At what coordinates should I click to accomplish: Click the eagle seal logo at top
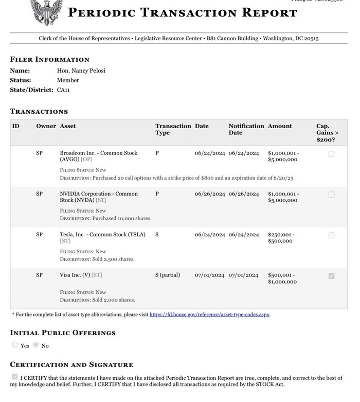[x=46, y=11]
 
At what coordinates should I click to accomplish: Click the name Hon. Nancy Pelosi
[x=81, y=71]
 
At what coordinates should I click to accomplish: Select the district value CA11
[x=63, y=90]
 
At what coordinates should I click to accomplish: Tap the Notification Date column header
[x=246, y=129]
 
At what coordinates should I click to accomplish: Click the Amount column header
[x=280, y=126]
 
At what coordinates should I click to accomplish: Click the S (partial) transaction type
[x=168, y=275]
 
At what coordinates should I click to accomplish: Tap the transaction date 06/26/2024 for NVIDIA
[x=210, y=194]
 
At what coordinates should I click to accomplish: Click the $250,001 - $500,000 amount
[x=281, y=238]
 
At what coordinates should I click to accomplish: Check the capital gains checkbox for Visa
[x=331, y=276]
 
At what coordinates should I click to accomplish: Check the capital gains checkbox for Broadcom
[x=331, y=154]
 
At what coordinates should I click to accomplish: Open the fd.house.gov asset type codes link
[x=209, y=314]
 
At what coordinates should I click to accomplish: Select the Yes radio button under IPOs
[x=15, y=345]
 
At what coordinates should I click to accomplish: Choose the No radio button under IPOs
[x=36, y=345]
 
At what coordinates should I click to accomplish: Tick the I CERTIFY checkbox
[x=14, y=377]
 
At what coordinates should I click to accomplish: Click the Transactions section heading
[x=39, y=111]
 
